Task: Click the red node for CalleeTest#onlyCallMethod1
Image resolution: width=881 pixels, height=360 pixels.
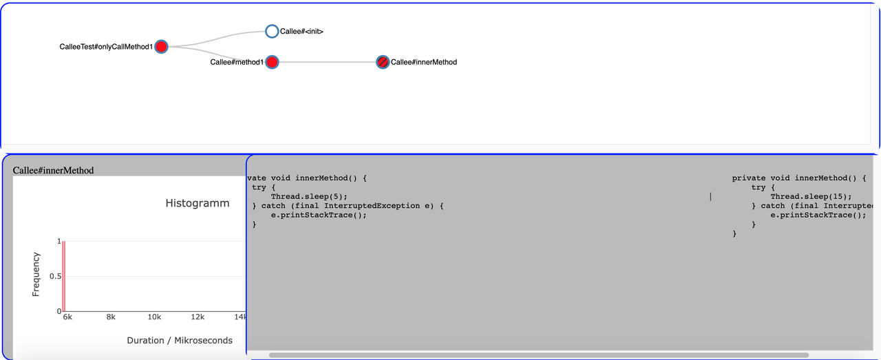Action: [161, 47]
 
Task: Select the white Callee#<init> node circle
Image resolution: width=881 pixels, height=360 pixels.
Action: [272, 31]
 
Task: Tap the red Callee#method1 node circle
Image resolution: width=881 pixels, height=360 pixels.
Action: [272, 63]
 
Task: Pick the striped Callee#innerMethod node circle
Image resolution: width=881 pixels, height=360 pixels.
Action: [383, 62]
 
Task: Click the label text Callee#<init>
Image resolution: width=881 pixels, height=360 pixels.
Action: [301, 32]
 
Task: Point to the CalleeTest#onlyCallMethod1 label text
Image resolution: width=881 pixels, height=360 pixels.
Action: [106, 47]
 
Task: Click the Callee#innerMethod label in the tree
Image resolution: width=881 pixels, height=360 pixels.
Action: [424, 62]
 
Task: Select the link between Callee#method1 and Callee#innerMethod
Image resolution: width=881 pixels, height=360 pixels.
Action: [327, 63]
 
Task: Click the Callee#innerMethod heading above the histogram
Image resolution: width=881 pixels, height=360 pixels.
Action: [53, 170]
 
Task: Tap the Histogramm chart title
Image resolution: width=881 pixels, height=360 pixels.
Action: [198, 203]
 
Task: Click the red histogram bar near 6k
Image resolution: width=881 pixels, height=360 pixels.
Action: [63, 276]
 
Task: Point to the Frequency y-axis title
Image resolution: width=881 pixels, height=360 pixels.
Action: [36, 275]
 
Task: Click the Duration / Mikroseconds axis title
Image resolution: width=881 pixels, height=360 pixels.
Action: [180, 340]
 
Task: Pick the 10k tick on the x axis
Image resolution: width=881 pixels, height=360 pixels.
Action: [154, 317]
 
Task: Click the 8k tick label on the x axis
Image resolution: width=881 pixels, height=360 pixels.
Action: [111, 317]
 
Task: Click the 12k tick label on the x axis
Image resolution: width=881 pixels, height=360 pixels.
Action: [198, 317]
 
